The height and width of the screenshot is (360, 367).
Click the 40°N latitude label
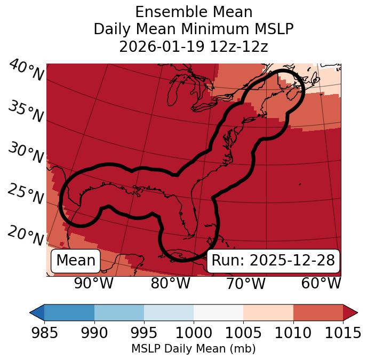(26, 71)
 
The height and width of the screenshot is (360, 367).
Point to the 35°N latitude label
(25, 112)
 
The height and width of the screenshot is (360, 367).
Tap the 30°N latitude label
(25, 153)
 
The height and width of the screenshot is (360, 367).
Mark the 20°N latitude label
(25, 235)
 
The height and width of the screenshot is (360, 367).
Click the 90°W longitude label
(94, 283)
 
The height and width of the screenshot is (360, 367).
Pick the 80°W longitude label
(170, 283)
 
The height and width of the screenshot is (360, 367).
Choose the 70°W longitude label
(245, 283)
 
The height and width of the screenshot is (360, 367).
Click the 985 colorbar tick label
(44, 333)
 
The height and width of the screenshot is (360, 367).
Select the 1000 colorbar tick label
(194, 333)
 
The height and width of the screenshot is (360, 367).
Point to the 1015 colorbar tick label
(342, 333)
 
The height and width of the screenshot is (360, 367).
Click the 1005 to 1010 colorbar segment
(268, 312)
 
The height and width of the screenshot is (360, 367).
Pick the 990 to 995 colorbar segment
(119, 312)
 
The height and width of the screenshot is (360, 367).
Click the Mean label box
(76, 261)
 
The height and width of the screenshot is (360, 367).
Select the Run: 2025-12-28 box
(273, 261)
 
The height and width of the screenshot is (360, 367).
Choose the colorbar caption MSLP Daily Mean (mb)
(194, 349)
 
